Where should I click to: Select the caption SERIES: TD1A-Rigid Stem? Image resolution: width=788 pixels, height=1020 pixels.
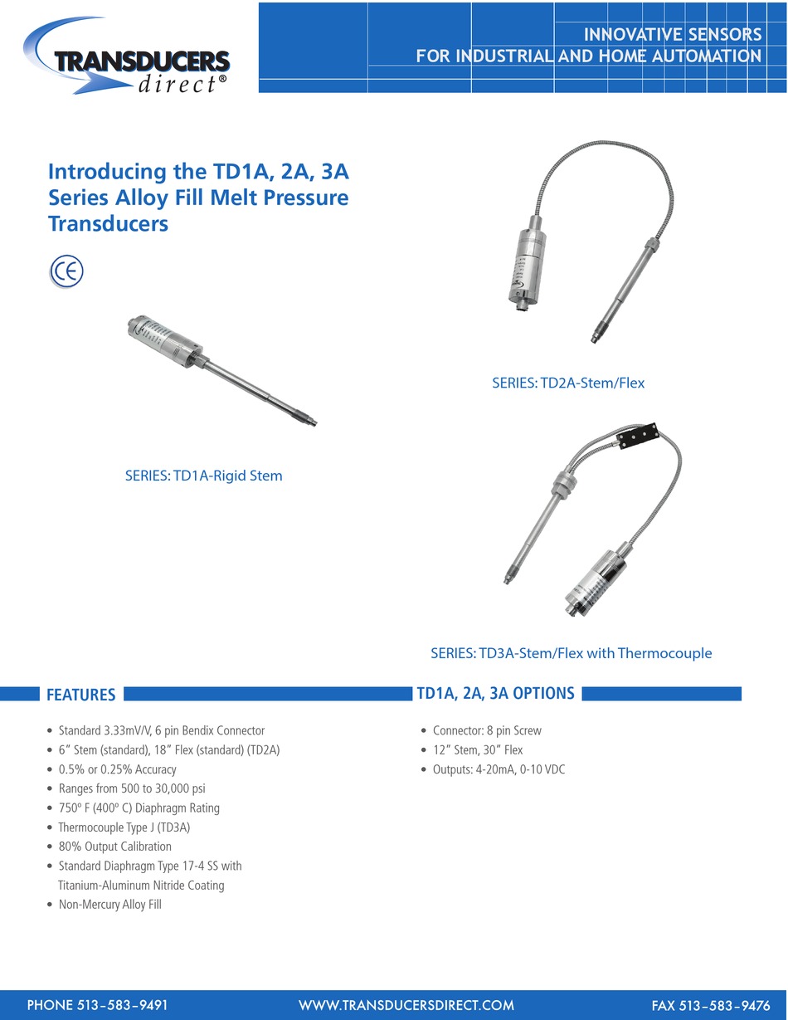[204, 476]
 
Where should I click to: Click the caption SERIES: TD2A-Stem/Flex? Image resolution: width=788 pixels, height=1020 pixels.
[568, 383]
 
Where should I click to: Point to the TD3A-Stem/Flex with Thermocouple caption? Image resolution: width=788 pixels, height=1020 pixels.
[572, 653]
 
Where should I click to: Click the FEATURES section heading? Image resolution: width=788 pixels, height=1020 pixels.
[80, 695]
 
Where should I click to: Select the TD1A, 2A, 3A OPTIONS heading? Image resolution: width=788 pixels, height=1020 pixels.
[495, 694]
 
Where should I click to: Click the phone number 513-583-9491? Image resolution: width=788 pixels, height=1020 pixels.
[98, 1005]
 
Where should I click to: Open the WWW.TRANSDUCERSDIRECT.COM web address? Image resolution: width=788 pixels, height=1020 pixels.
[406, 1005]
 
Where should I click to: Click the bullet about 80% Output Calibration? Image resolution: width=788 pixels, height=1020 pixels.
[115, 847]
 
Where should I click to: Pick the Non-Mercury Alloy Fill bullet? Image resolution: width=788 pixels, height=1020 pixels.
[109, 905]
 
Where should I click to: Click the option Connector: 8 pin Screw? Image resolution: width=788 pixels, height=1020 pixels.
[487, 731]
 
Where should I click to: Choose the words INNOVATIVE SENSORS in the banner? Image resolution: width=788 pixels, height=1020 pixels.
[673, 35]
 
